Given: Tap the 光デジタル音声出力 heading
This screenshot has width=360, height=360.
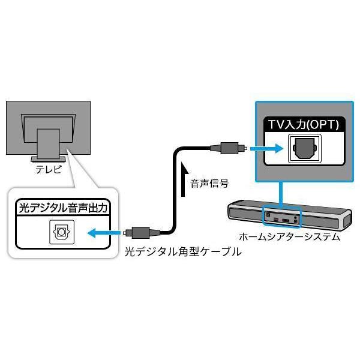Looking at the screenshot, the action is click(x=66, y=209).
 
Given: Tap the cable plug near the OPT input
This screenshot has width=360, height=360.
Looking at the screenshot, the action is click(x=229, y=147).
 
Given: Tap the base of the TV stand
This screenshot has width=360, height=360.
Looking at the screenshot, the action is click(x=48, y=158).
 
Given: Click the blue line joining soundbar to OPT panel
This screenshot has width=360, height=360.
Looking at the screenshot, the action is click(x=280, y=194).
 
